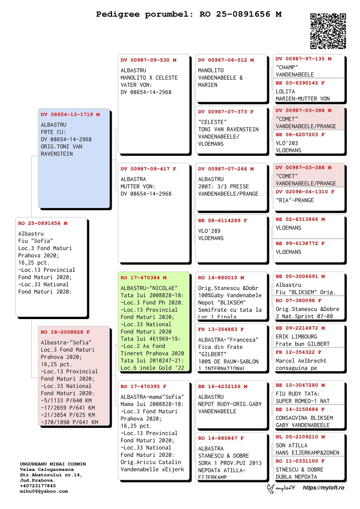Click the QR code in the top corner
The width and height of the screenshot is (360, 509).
[x=328, y=31]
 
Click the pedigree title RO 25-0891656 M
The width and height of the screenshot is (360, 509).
[x=189, y=14]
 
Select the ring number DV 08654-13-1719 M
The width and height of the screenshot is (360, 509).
[x=70, y=114]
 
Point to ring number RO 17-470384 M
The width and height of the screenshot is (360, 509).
[x=144, y=278]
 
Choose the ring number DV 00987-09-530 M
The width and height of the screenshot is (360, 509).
[x=148, y=60]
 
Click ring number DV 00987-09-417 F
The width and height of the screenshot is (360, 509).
[x=148, y=169]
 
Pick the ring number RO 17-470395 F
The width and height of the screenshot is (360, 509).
[x=144, y=386]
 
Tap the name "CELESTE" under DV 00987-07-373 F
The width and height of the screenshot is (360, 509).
[x=214, y=122]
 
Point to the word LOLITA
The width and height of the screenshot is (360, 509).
[x=285, y=91]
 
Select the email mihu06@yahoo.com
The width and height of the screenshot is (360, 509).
[x=44, y=491]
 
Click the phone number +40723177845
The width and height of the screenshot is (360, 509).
[x=38, y=486]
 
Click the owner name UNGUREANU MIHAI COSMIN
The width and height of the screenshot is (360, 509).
[x=53, y=464]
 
